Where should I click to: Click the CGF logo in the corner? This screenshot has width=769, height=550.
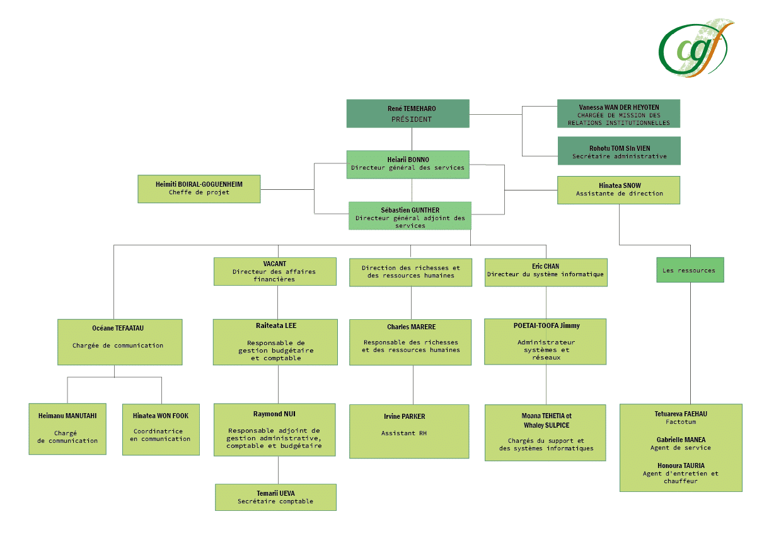point(696,49)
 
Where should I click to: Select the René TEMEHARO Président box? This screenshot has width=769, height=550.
point(411,114)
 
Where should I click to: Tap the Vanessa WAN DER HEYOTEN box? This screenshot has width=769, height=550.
point(618,114)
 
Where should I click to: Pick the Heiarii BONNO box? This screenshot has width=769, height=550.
point(408,164)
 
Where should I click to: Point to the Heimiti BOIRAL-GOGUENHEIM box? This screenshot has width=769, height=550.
point(199,189)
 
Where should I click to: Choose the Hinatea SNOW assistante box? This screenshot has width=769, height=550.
point(618,190)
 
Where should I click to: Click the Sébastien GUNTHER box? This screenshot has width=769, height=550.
point(410,216)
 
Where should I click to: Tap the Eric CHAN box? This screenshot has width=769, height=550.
point(545,272)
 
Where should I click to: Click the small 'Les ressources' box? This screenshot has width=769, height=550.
point(690,270)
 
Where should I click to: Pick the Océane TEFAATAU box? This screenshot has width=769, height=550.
point(119,342)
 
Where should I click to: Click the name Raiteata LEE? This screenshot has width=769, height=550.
point(275,325)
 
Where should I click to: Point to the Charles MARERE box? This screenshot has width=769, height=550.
point(410,342)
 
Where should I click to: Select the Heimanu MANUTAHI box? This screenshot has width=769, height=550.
point(67,429)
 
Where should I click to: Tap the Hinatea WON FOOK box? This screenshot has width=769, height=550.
point(160,429)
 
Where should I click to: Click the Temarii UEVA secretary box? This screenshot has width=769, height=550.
point(275,497)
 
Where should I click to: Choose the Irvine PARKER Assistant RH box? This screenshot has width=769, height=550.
point(409,431)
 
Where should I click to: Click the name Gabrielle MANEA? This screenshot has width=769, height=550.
point(680,440)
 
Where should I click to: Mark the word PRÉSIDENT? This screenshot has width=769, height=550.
point(411,119)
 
